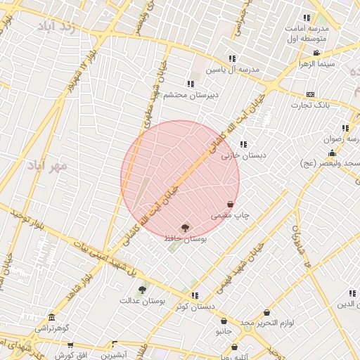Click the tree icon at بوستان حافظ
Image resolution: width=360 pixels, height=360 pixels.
(x=185, y=227)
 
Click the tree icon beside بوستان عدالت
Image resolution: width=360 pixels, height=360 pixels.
(x=142, y=289)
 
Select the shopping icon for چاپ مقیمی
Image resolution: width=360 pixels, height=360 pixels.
(x=230, y=204)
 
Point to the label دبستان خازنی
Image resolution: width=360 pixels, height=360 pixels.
(x=236, y=155)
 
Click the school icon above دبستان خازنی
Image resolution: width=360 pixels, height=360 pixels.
(x=243, y=144)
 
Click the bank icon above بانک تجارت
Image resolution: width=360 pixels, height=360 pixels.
(x=310, y=94)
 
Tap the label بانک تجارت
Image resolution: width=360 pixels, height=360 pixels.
(x=310, y=105)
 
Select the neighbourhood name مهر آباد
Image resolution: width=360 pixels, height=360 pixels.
(x=48, y=165)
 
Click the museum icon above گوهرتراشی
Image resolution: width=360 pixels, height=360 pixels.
(x=51, y=318)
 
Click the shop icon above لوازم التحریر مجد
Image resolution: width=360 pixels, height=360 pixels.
(x=266, y=313)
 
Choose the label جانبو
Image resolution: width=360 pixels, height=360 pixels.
(x=223, y=330)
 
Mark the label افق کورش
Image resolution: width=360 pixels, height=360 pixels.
(x=70, y=355)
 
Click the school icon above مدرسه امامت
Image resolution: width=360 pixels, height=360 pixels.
(x=306, y=18)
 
